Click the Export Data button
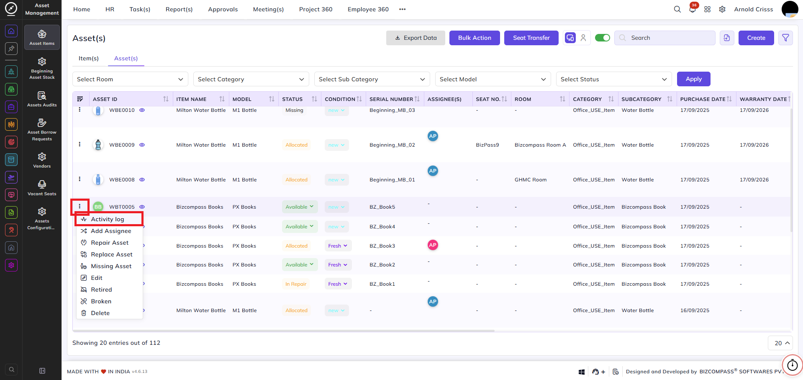pos(416,38)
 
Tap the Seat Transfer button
pos(531,38)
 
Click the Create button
pos(756,38)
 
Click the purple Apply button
pos(693,79)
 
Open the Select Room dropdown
pos(130,79)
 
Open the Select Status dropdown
pos(614,79)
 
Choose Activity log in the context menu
pos(108,219)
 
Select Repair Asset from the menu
pos(110,243)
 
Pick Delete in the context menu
pos(100,313)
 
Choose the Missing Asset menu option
pos(111,266)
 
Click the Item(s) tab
pos(89,58)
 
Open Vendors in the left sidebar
pos(42,160)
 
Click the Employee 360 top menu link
pos(368,9)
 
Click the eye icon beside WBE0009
pos(142,145)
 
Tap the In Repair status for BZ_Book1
pos(296,284)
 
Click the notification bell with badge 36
pos(693,9)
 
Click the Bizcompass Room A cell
pos(540,145)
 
